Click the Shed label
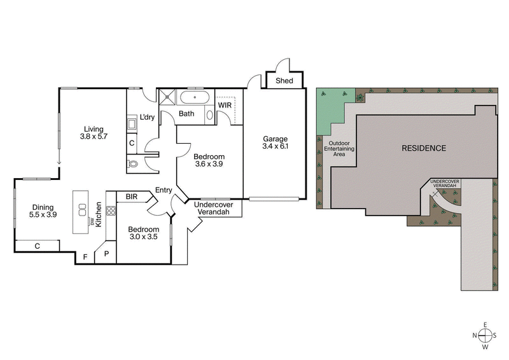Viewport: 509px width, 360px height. [x=284, y=81]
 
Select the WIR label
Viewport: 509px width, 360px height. [x=225, y=105]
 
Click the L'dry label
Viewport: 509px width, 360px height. [x=148, y=118]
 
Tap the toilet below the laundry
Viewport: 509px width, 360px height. [x=133, y=163]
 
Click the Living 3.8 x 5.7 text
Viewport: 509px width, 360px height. [x=94, y=132]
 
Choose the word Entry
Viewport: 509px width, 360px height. [x=164, y=190]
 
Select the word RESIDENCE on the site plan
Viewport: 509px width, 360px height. [x=423, y=148]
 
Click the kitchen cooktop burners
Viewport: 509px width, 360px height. [x=111, y=211]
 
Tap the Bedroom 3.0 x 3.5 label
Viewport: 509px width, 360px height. [x=143, y=233]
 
